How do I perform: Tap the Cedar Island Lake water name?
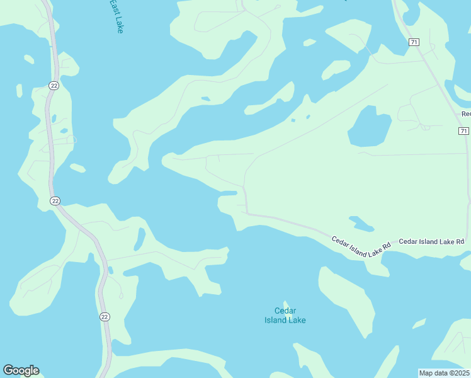coord(285,315)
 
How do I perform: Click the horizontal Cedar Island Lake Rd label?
coord(431,241)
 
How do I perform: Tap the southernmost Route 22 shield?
coord(105,316)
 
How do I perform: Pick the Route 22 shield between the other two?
coord(55,200)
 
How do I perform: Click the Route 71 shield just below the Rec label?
coord(463,130)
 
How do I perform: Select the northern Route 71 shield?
coord(413,42)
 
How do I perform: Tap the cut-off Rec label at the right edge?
coord(465,114)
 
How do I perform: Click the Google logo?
coord(21,370)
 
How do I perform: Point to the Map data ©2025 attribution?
coord(444,373)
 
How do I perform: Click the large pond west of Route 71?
coord(371,127)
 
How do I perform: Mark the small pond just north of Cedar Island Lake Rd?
coord(361,223)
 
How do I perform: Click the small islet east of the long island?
coord(419,324)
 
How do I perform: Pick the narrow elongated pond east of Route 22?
coord(139,239)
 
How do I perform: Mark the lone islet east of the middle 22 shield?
coord(77,168)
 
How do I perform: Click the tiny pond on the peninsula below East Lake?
coord(205,99)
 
